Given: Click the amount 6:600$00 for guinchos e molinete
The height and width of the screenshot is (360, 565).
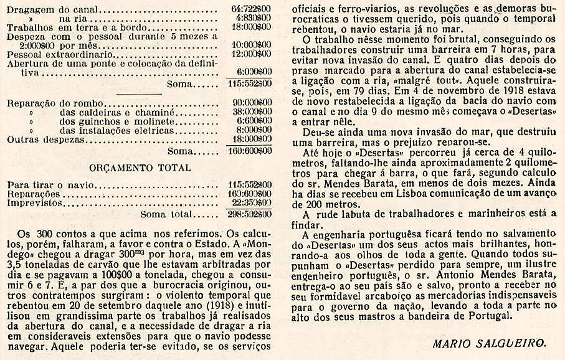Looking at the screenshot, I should [253, 120].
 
